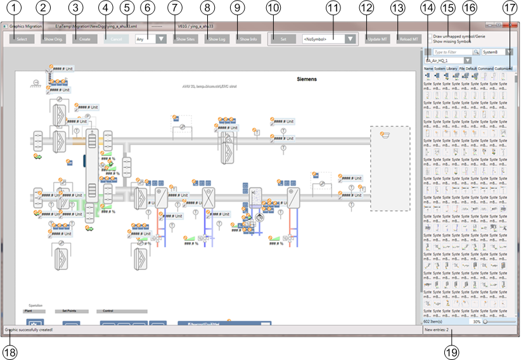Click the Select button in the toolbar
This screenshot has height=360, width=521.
pyautogui.click(x=22, y=39)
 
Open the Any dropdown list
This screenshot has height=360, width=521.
pyautogui.click(x=151, y=39)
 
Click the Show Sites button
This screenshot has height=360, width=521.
pyautogui.click(x=185, y=39)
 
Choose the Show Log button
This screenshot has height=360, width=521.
pyautogui.click(x=217, y=39)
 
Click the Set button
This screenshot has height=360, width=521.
pyautogui.click(x=283, y=39)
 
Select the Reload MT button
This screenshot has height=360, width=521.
pyautogui.click(x=409, y=39)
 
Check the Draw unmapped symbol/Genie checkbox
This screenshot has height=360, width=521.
pyautogui.click(x=429, y=37)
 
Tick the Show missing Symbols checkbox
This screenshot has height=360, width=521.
pyautogui.click(x=429, y=42)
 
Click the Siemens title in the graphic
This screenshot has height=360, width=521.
pyautogui.click(x=307, y=79)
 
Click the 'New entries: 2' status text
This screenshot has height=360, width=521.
pyautogui.click(x=437, y=330)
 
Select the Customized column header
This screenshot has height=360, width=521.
pyautogui.click(x=505, y=68)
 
